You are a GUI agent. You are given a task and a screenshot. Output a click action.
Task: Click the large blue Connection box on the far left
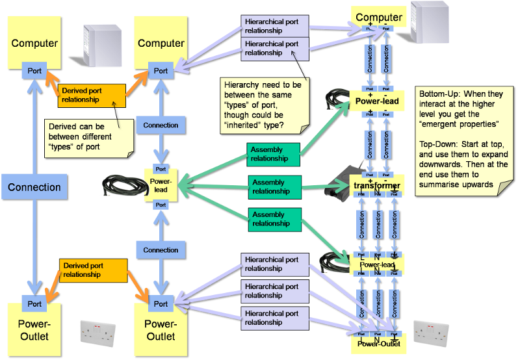pos(34,187)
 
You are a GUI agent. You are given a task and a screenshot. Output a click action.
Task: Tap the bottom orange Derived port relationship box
pos(92,270)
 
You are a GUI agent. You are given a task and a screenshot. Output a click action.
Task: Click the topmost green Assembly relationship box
pos(273,154)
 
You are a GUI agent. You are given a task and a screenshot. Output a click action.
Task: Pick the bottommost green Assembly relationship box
pos(273,219)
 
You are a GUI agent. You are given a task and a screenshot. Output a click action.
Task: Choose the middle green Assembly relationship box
pos(273,186)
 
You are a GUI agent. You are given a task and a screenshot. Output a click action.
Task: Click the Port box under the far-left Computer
pos(34,70)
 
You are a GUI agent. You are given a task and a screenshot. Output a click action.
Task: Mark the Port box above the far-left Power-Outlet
pos(34,303)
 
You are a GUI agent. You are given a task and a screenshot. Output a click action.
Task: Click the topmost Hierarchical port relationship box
pos(272,27)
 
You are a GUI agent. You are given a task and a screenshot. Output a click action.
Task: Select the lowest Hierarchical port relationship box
pos(272,318)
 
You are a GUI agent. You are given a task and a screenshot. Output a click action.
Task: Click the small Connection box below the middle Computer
pos(161,125)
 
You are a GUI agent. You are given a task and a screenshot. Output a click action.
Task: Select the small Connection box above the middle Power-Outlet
pos(161,250)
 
